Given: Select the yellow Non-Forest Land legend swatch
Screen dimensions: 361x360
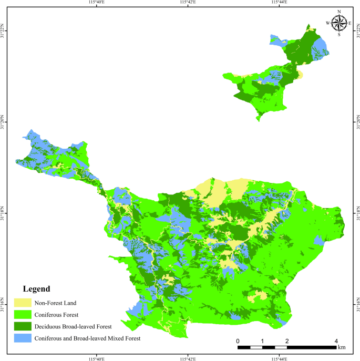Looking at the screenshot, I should [22, 303].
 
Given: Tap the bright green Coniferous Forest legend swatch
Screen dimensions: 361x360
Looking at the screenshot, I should [22, 315].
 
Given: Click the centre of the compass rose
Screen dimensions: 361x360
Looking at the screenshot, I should [339, 23].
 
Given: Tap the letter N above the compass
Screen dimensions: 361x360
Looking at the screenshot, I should [339, 12].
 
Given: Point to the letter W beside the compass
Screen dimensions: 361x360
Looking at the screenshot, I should [328, 23].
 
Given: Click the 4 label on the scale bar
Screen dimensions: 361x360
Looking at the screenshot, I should [336, 341].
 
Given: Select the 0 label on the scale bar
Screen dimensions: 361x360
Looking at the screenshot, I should [238, 341].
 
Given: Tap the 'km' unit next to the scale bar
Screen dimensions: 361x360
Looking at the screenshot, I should [342, 347].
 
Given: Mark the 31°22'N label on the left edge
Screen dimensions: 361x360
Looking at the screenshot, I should [4, 32].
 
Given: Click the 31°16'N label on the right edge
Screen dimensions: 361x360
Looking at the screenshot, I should [357, 304].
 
